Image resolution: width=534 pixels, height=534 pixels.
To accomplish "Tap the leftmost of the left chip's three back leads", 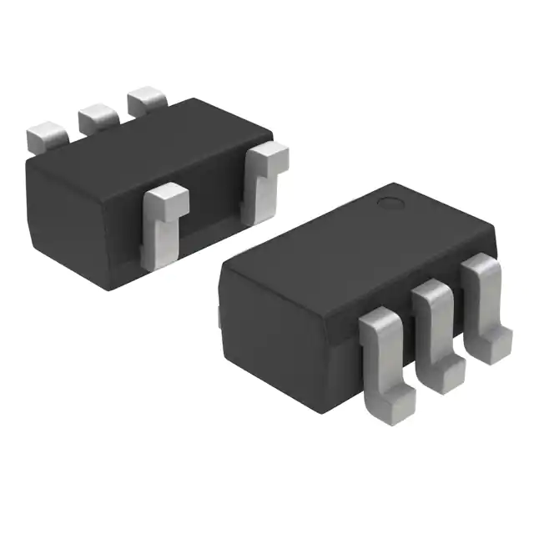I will click(46, 136).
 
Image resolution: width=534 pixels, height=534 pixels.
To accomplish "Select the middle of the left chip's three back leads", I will click(98, 117).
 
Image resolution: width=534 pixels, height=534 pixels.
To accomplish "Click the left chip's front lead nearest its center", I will click(164, 225).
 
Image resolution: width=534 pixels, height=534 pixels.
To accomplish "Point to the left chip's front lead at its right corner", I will click(264, 184).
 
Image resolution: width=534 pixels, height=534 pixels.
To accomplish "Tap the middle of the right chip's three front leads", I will click(436, 321).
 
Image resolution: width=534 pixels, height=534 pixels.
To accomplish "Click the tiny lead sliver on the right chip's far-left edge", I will click(219, 315).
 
